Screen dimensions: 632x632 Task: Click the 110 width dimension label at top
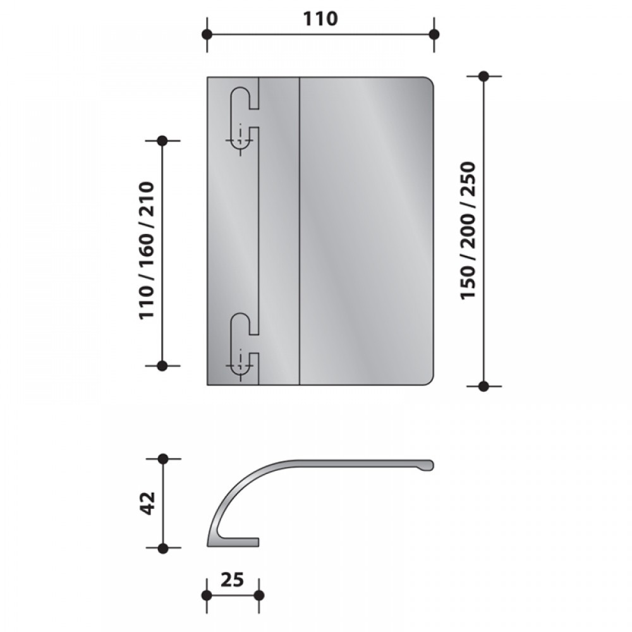320,19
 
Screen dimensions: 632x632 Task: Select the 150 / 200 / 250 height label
468,230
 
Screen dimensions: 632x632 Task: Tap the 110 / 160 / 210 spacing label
147,251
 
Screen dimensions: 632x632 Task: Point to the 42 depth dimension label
149,503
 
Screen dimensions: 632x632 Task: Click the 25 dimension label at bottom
233,580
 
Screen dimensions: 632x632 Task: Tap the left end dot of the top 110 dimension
207,34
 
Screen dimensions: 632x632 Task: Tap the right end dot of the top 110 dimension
434,34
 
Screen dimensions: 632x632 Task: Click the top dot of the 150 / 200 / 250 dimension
483,76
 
